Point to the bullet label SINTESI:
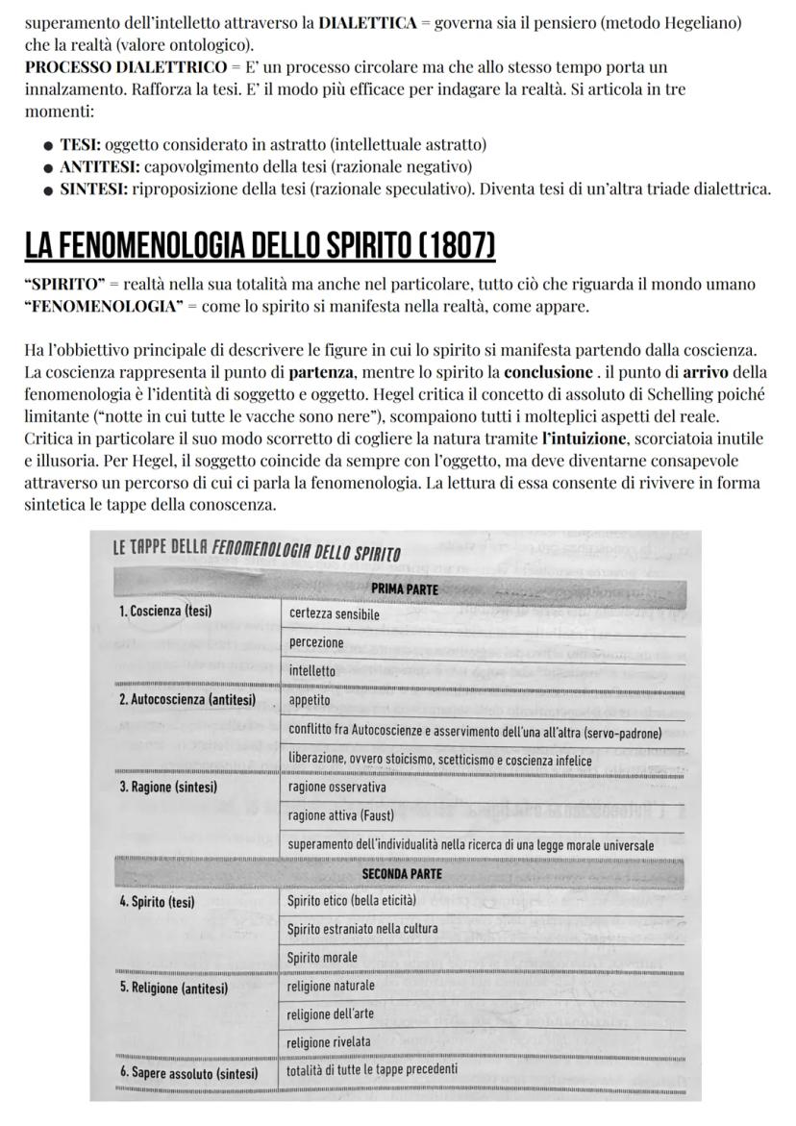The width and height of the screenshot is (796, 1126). tap(94, 188)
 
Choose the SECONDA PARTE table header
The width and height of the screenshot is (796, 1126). tap(402, 873)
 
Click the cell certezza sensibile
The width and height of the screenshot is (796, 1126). tap(334, 614)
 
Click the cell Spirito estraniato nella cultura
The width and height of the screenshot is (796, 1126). tap(362, 929)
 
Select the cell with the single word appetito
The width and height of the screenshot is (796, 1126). tap(310, 700)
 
